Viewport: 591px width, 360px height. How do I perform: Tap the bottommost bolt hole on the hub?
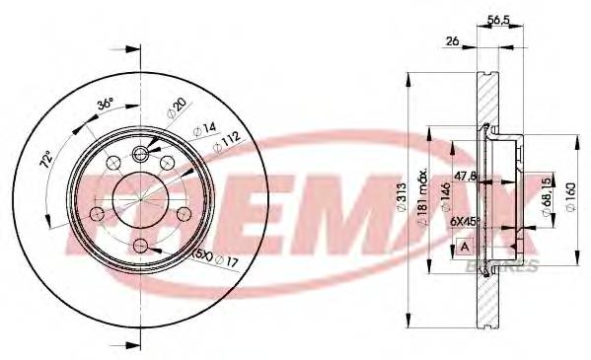click(x=141, y=246)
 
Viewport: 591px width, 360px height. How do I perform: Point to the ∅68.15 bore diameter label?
click(x=545, y=196)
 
